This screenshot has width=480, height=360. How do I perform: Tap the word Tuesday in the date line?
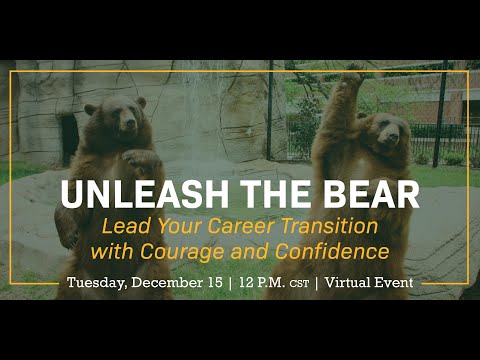(x=98, y=283)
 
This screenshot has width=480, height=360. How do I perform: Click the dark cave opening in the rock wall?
(x=68, y=135)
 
